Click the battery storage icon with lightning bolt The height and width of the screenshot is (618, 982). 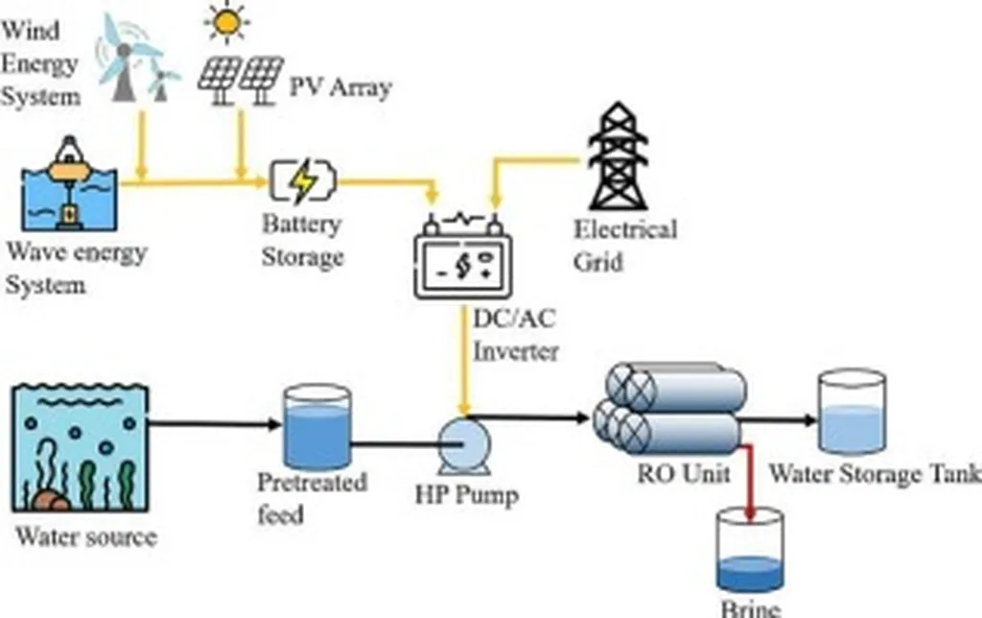[x=303, y=180]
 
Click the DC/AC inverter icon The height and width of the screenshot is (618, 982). [x=462, y=256]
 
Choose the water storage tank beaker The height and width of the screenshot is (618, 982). [x=850, y=414]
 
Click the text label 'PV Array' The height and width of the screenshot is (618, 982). [x=340, y=88]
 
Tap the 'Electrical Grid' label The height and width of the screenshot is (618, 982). [x=624, y=245]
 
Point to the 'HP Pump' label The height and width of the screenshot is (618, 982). [x=466, y=495]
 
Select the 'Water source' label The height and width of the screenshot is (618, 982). [x=85, y=535]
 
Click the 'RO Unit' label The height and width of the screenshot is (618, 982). [x=684, y=473]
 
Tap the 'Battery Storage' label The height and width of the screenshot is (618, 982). [x=302, y=240]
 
